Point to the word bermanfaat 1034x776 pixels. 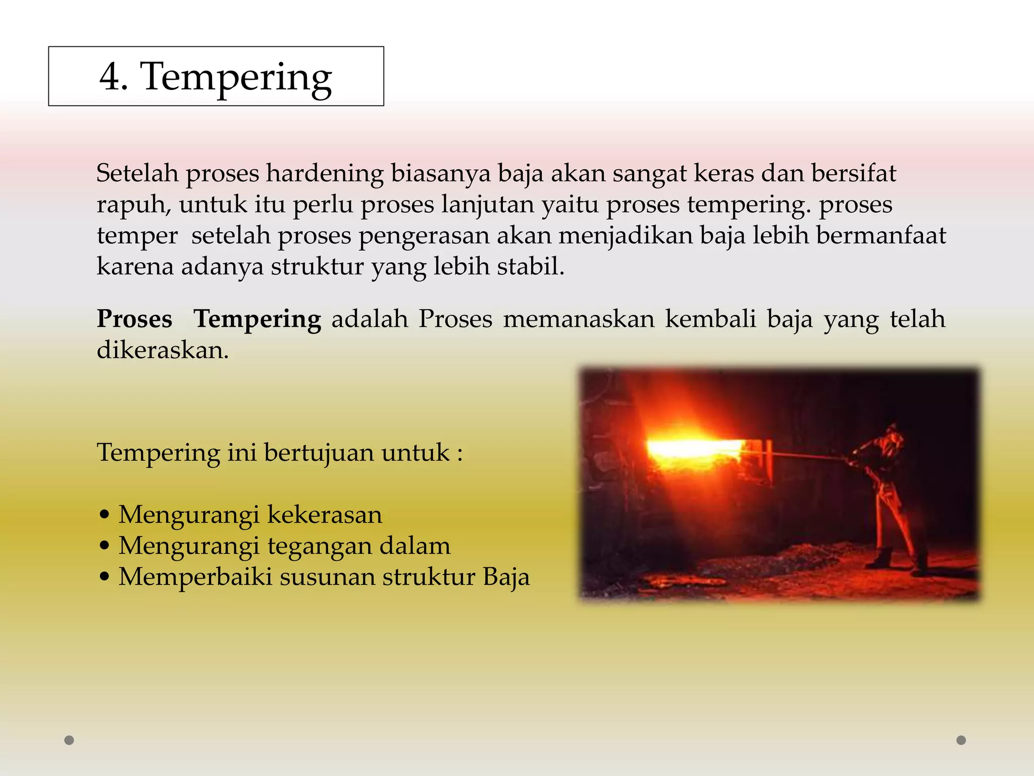click(x=881, y=235)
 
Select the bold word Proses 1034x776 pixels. click(x=134, y=319)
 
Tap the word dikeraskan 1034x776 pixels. click(x=163, y=350)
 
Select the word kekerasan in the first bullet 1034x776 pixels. click(x=325, y=515)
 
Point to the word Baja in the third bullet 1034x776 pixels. click(x=506, y=577)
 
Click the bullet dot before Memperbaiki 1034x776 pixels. click(x=105, y=577)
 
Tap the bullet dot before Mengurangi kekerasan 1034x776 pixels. click(x=105, y=515)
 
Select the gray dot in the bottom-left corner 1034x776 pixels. click(x=70, y=740)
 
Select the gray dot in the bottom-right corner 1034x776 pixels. click(x=961, y=740)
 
